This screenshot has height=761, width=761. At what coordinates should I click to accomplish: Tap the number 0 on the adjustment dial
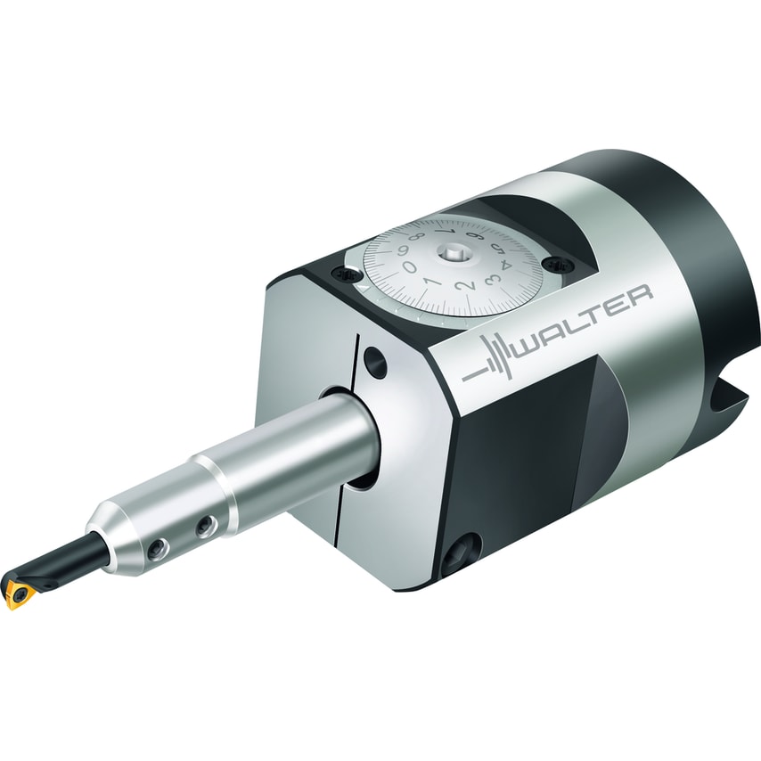pyautogui.click(x=409, y=266)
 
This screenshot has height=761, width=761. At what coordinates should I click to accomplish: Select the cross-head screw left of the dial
pyautogui.click(x=343, y=275)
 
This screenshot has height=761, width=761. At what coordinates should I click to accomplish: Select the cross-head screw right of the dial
pyautogui.click(x=559, y=263)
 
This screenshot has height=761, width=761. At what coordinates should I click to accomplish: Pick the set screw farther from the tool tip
pyautogui.click(x=207, y=528)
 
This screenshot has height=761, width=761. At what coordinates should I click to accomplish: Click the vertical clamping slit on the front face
pyautogui.click(x=355, y=374)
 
